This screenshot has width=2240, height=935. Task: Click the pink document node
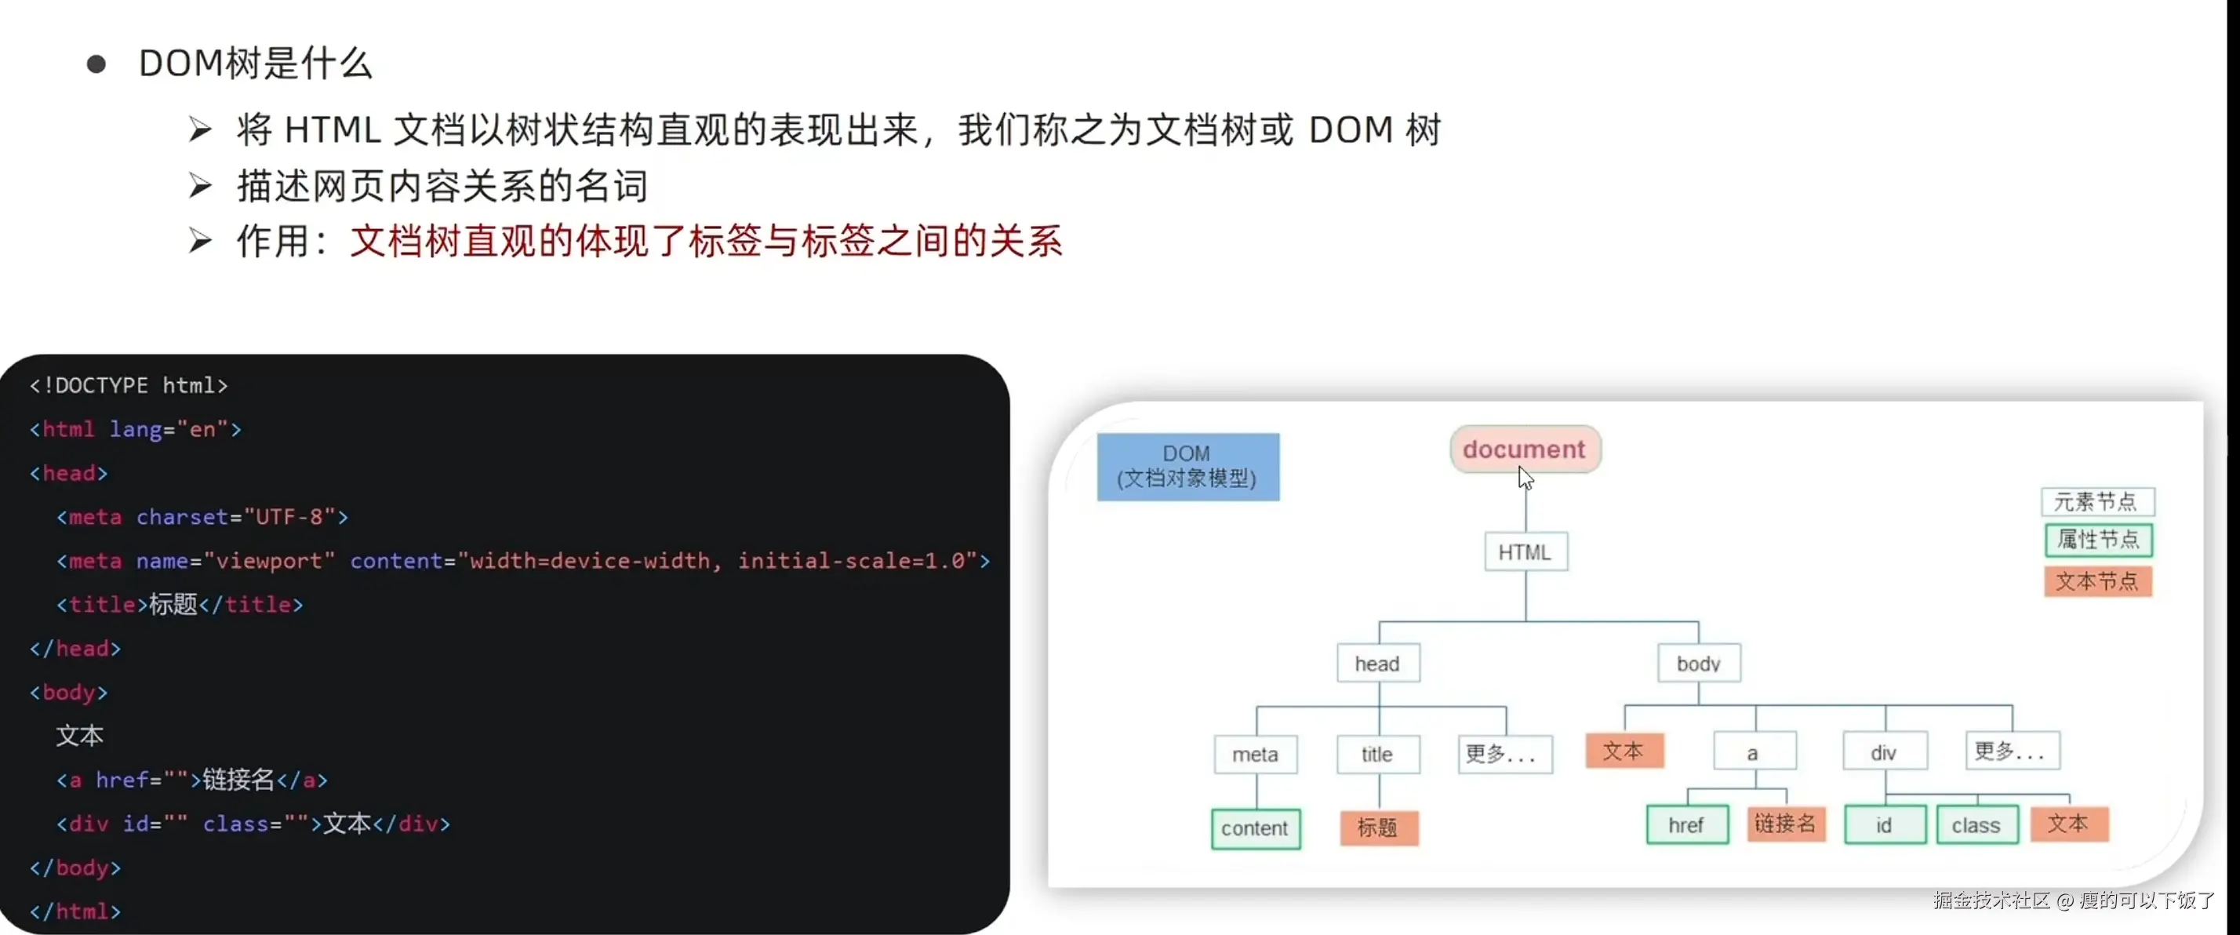coord(1525,449)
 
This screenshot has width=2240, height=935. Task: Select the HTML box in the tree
coord(1525,552)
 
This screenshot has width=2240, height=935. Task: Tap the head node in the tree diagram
coord(1377,664)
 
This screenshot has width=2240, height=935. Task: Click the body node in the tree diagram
coord(1698,664)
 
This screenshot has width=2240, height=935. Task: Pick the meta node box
coord(1255,754)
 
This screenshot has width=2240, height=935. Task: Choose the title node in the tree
coord(1377,754)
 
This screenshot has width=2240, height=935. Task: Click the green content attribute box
coord(1255,828)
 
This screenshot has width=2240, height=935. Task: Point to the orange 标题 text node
coord(1378,828)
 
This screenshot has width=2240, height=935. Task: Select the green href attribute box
coord(1686,824)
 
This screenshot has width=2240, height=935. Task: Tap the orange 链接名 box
coord(1785,824)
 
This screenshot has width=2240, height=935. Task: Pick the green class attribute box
coord(1976,824)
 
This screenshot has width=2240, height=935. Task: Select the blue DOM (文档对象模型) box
coord(1187,466)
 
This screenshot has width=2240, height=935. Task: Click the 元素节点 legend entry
coord(2096,502)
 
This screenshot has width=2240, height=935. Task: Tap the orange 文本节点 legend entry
coord(2097,581)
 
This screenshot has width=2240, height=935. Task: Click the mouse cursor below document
coord(1525,478)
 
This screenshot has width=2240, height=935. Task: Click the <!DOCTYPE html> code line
coord(129,385)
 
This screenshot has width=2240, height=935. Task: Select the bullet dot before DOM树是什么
coord(96,64)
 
